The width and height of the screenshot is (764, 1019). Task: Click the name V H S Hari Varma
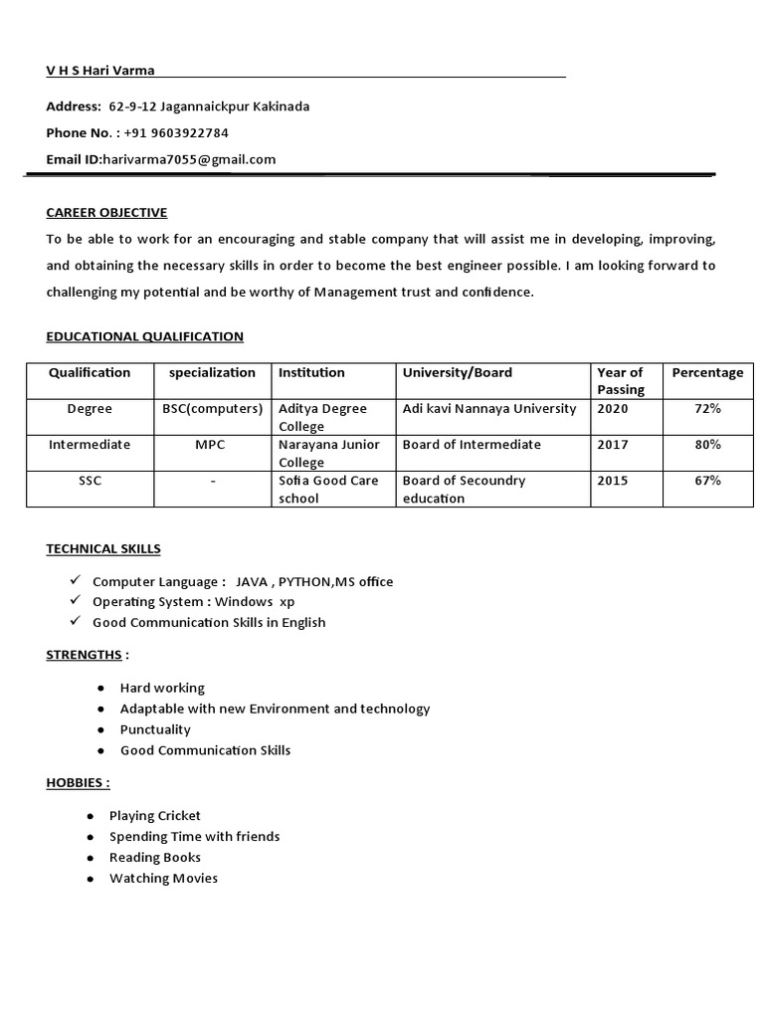pos(100,70)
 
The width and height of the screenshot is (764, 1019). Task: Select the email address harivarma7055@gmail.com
pos(189,159)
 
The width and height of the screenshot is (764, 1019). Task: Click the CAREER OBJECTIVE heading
pos(106,213)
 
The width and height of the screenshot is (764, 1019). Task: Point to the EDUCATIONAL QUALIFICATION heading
pos(144,337)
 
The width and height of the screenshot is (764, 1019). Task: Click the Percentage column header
pos(707,373)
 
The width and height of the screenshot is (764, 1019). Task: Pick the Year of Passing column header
pos(621,381)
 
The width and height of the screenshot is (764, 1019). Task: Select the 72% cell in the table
pos(707,409)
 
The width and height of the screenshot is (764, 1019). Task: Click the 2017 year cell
pos(613,445)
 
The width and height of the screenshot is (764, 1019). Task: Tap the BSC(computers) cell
pos(212,409)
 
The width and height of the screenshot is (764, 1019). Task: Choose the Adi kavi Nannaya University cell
pos(488,409)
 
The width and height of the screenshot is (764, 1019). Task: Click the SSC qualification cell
pos(91,481)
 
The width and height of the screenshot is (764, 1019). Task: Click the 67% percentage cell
pos(707,481)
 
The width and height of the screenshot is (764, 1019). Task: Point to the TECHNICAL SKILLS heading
pos(103,549)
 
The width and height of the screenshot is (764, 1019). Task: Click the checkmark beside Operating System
pos(75,601)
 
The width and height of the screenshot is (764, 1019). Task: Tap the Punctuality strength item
pos(155,729)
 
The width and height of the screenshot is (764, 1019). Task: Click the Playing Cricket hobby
pos(155,816)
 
